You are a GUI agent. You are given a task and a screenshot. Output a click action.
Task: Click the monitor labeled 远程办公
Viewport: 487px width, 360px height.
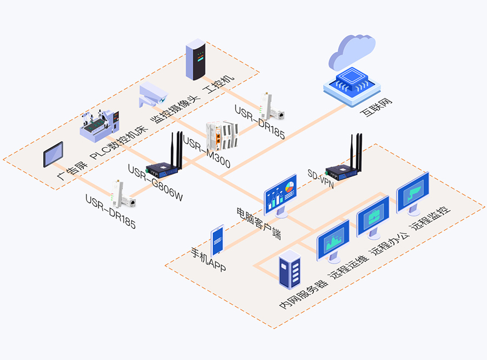373,217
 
